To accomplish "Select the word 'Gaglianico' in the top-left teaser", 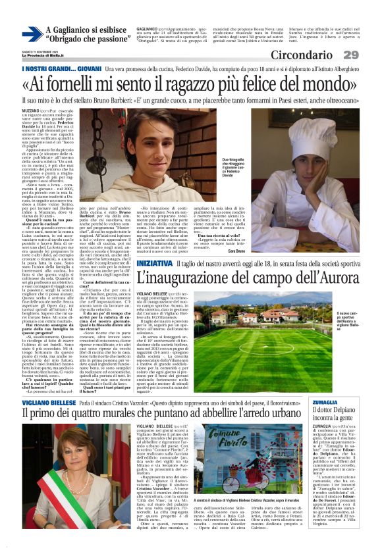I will point(72,30).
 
